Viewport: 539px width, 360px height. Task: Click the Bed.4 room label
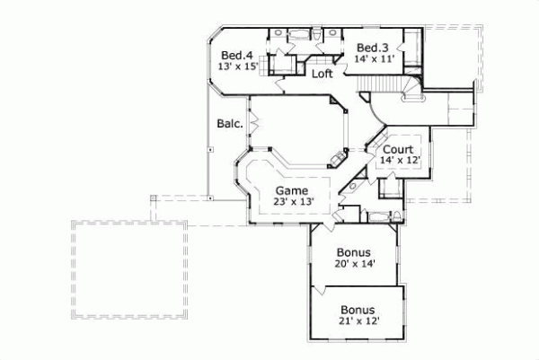237,54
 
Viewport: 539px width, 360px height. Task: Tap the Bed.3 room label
371,48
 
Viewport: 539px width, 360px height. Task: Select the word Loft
323,75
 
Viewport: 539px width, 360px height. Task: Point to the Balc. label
229,124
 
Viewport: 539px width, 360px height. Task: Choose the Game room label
292,190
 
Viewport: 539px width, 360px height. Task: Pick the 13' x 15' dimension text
237,66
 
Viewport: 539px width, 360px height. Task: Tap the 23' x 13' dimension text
292,202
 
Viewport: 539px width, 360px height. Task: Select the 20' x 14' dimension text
356,264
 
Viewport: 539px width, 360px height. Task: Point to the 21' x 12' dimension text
357,321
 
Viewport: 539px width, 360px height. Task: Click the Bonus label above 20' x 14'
355,252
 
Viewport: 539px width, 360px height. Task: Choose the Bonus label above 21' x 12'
357,310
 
